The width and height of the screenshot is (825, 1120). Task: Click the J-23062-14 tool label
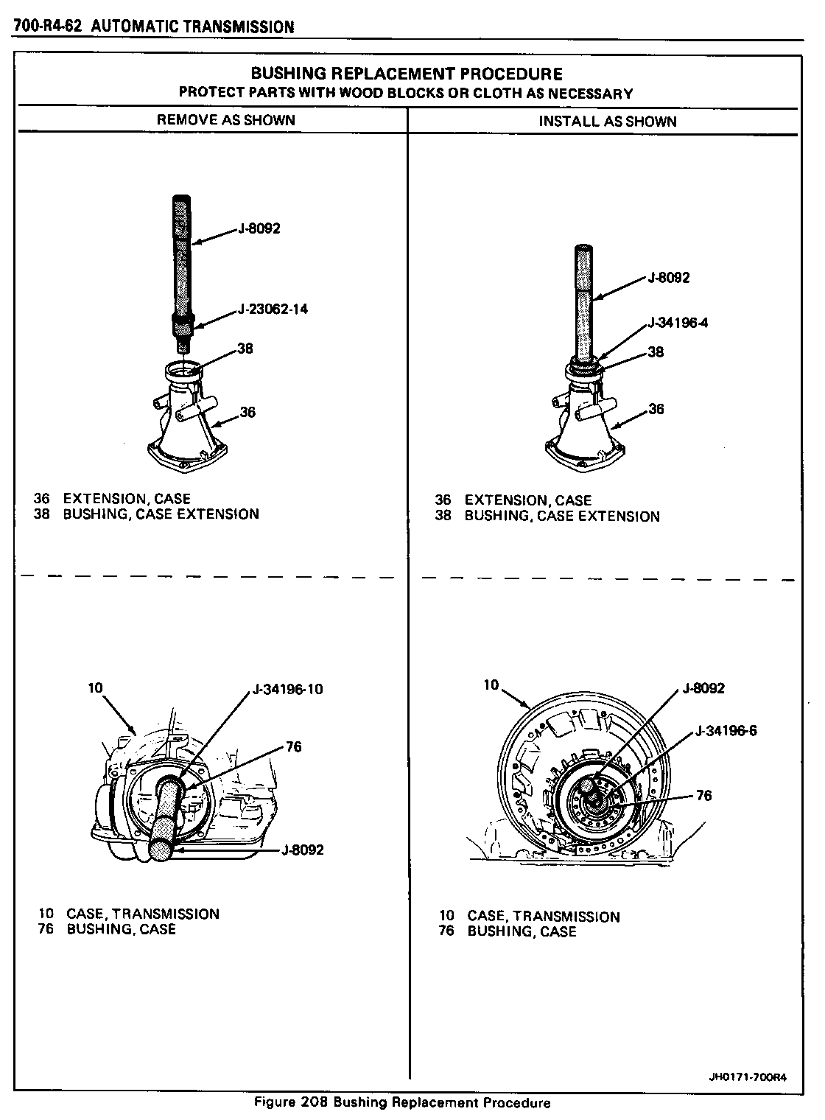273,309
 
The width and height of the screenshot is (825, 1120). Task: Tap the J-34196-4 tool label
678,323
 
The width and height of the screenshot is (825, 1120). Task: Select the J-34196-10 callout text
287,690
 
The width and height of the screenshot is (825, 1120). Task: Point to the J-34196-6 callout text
726,731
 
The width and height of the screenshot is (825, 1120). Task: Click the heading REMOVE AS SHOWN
226,120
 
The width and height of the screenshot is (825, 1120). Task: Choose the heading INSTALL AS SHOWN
608,122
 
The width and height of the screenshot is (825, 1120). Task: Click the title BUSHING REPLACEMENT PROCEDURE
407,74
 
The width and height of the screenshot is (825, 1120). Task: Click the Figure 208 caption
402,1103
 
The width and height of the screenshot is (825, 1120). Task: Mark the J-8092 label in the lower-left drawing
303,850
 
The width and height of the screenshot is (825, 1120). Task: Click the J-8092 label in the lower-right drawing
703,688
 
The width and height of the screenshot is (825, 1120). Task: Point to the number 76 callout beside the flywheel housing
703,795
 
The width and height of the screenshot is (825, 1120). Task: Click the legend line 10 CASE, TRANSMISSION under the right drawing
529,917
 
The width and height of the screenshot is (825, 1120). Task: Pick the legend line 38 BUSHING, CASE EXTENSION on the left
146,514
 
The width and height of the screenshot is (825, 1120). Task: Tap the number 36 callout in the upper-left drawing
248,412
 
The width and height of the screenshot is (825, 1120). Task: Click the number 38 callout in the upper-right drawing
656,352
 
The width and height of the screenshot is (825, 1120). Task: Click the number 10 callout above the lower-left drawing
95,688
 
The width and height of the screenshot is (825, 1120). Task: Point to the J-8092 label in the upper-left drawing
259,228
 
